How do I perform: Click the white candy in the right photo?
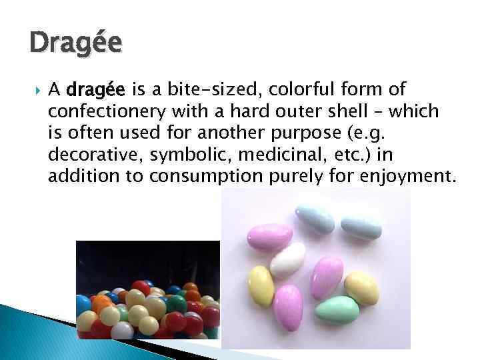click(288, 259)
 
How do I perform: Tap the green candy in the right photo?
click(337, 310)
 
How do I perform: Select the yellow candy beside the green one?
click(361, 287)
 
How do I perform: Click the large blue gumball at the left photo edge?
click(83, 304)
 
